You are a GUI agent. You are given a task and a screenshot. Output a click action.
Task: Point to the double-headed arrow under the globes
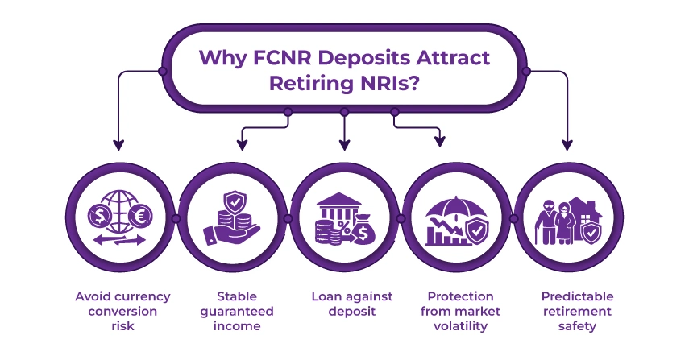[x=119, y=240]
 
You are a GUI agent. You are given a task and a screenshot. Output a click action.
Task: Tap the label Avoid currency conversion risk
[x=119, y=311]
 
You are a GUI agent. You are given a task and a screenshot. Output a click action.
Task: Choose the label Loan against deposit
[x=344, y=303]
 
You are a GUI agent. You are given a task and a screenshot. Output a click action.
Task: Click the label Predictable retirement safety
[x=569, y=311]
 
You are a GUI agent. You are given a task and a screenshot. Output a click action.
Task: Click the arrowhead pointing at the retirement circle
[x=567, y=146]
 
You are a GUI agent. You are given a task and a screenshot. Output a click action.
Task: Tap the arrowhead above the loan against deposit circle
[x=344, y=146]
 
